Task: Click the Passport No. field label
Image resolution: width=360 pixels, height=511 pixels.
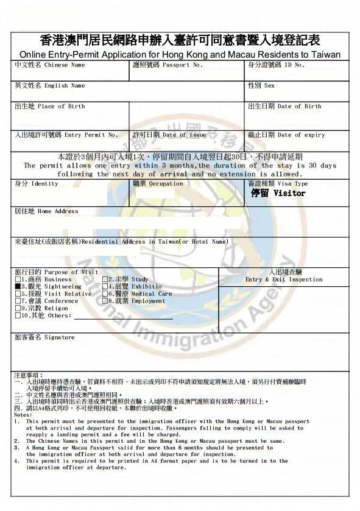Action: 168,65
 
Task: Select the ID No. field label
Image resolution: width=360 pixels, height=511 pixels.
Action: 275,65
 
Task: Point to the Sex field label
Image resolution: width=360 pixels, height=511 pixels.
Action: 261,86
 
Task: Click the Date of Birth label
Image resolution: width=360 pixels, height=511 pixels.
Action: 284,106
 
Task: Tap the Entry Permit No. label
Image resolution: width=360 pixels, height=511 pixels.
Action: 66,135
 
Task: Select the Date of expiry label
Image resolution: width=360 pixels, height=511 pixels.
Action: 286,135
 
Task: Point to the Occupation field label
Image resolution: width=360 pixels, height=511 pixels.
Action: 157,183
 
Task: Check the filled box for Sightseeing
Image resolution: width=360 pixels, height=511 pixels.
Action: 18,286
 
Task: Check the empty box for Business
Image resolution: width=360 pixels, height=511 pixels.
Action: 18,279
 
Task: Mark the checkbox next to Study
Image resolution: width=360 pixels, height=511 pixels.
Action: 105,279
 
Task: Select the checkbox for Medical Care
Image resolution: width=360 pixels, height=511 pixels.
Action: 105,294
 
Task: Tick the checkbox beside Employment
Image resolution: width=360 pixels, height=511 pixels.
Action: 105,301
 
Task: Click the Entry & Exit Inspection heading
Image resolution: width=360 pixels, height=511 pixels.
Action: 284,280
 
